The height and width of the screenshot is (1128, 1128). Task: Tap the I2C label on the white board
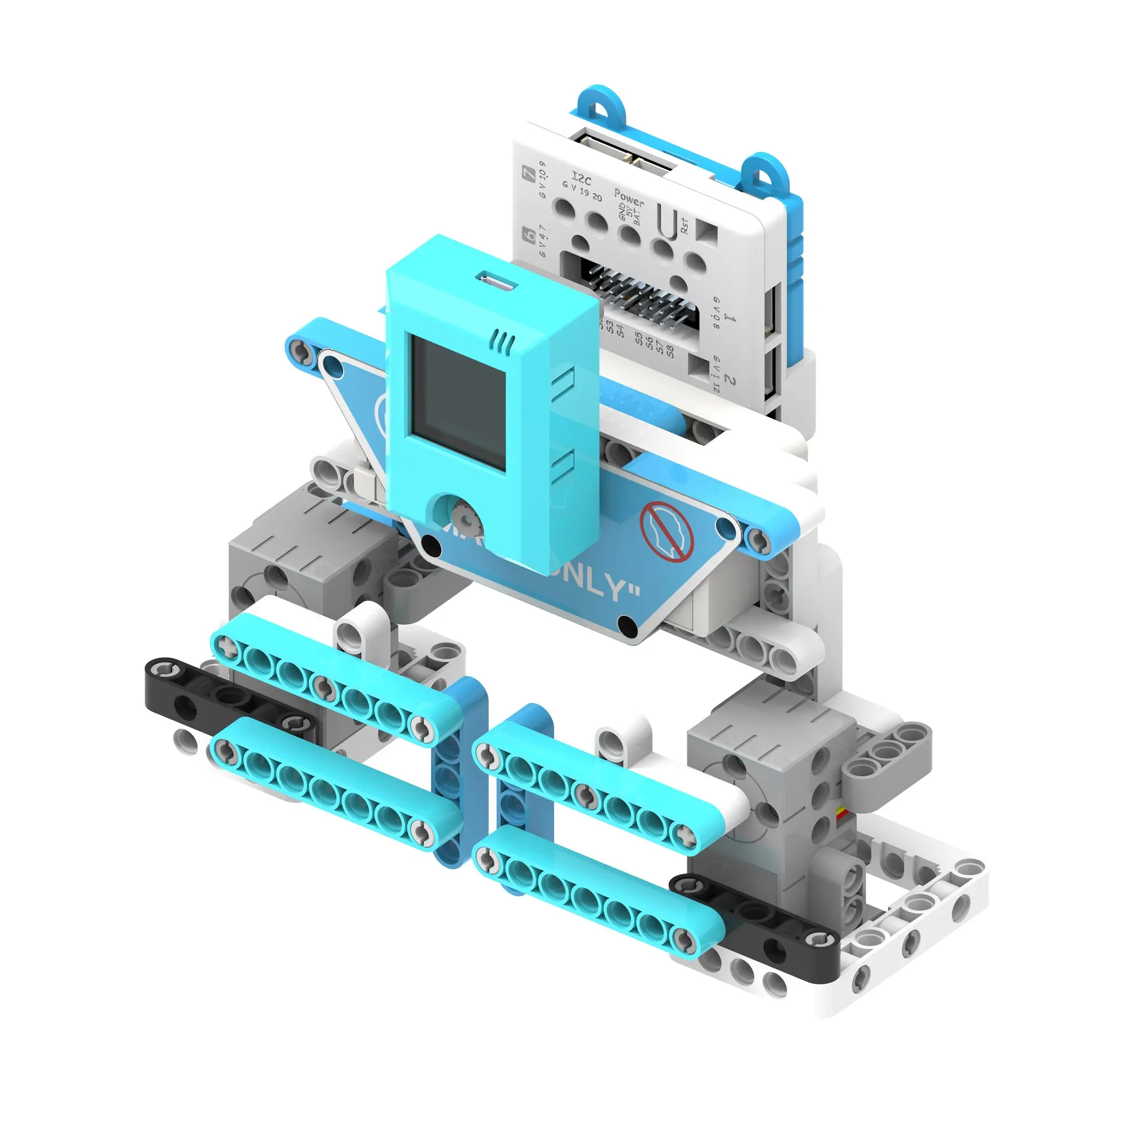tap(581, 177)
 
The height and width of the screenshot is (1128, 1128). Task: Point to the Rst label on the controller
tap(684, 225)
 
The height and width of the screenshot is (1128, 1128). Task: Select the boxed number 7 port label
tap(529, 173)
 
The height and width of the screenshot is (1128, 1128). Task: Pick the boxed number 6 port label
tap(529, 235)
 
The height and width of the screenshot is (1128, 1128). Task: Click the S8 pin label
tap(670, 352)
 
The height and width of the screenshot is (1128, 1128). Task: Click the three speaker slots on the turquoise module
tap(503, 341)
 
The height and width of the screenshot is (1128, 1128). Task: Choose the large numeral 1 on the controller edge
tap(730, 317)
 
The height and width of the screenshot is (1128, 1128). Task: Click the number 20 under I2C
tap(596, 197)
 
